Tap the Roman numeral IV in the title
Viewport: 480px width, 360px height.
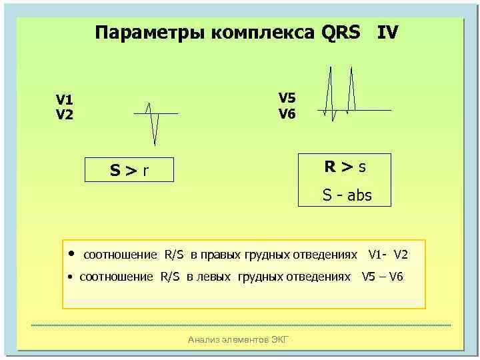pyautogui.click(x=387, y=32)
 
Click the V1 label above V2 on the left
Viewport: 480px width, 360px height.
pyautogui.click(x=65, y=99)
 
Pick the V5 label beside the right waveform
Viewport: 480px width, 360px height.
pyautogui.click(x=287, y=97)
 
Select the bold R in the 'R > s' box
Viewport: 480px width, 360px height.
pyautogui.click(x=331, y=167)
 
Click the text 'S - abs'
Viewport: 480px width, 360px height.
pyautogui.click(x=347, y=195)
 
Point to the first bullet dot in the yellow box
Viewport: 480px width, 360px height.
pyautogui.click(x=71, y=254)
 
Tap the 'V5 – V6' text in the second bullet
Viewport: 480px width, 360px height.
pyautogui.click(x=383, y=277)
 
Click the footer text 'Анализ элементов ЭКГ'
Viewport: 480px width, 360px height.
pyautogui.click(x=239, y=340)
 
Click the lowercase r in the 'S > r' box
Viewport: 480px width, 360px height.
pyautogui.click(x=145, y=172)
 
